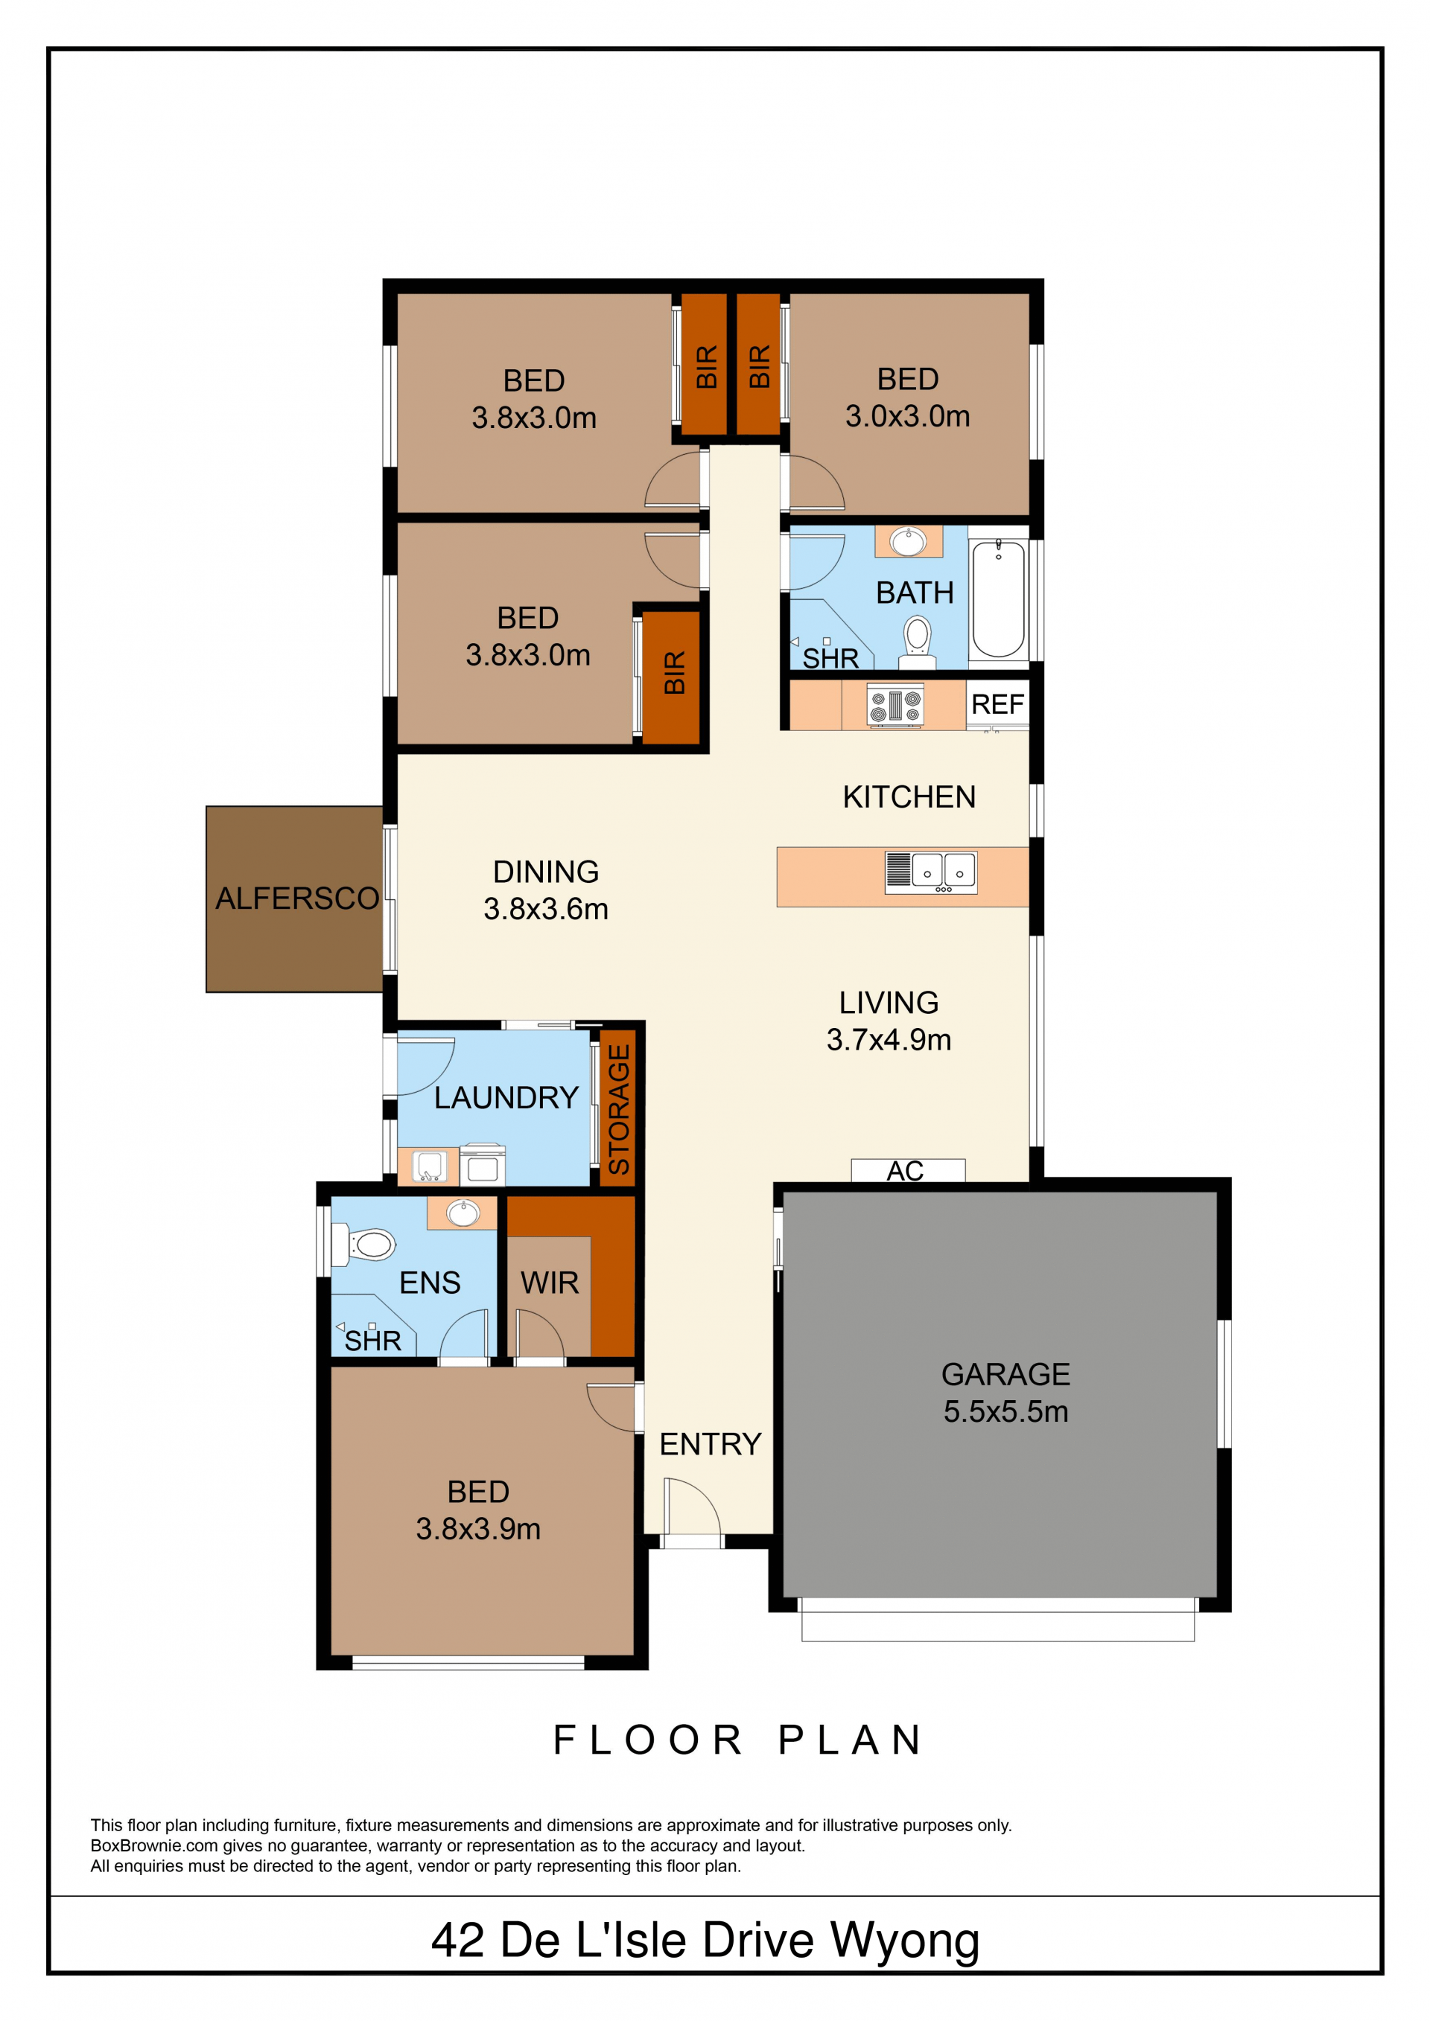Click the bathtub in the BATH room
998,598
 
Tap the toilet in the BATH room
918,642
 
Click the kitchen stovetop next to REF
894,706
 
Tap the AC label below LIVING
905,1171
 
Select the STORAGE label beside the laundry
619,1109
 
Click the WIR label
550,1283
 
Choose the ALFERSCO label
296,898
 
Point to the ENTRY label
710,1443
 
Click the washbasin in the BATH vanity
908,540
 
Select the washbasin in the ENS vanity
463,1213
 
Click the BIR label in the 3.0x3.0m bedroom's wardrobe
759,366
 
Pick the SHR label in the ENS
372,1341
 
